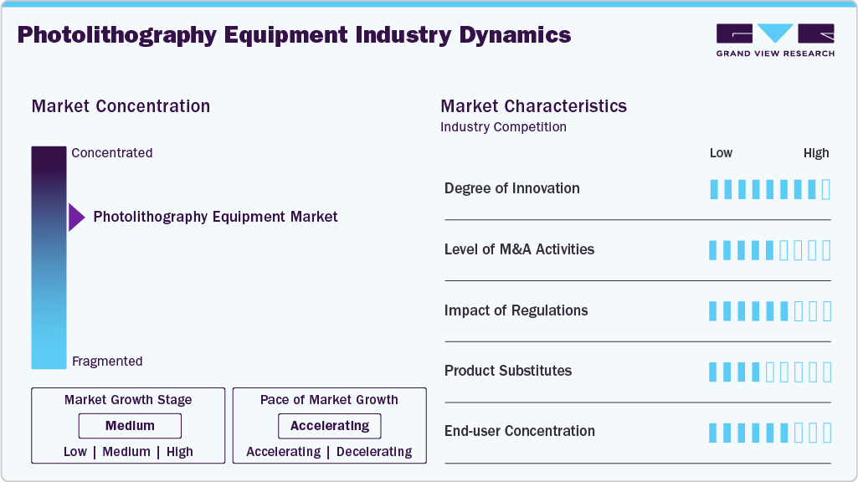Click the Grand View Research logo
(x=774, y=39)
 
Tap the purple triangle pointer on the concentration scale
(x=76, y=218)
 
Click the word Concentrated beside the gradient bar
(x=112, y=153)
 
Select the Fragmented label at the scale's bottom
(x=107, y=361)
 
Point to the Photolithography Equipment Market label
(x=215, y=217)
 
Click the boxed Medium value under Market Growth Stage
(x=130, y=426)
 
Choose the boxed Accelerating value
(x=330, y=426)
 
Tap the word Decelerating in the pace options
(x=374, y=452)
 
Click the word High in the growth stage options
(x=179, y=452)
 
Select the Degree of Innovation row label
(x=511, y=188)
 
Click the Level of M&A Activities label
(x=519, y=249)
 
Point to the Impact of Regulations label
(x=516, y=310)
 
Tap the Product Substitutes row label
(x=508, y=371)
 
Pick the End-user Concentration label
(x=519, y=432)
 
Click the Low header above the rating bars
(x=721, y=153)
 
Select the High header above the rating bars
(x=816, y=153)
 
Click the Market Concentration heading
(x=121, y=106)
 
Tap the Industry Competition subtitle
(x=503, y=127)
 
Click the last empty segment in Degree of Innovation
(x=826, y=189)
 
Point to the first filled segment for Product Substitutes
(x=714, y=372)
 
